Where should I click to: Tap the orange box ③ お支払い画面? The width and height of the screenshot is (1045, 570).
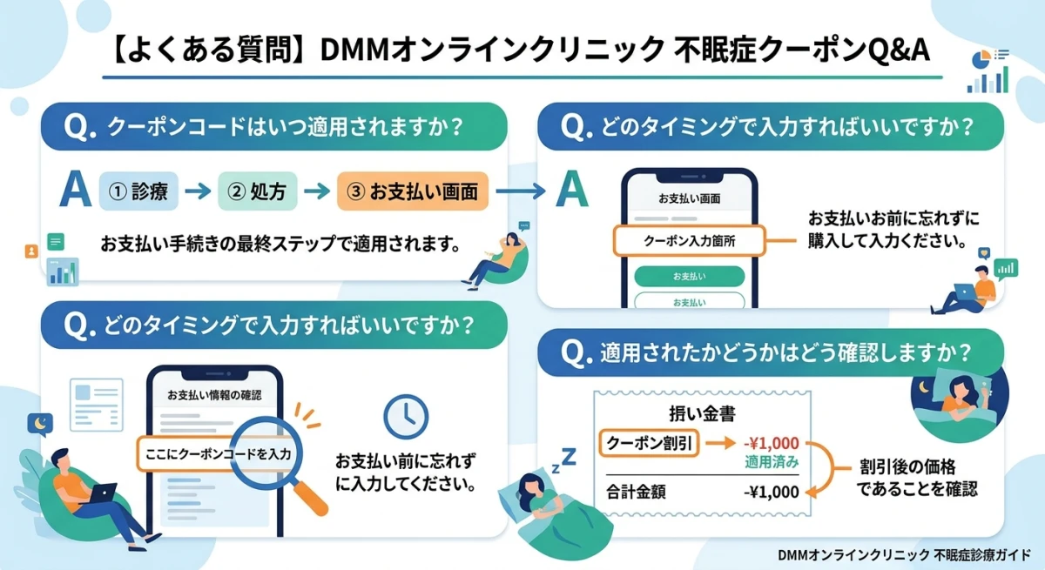(412, 191)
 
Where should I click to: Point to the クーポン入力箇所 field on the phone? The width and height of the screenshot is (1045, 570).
(688, 240)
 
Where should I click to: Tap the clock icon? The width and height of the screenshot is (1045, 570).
(400, 417)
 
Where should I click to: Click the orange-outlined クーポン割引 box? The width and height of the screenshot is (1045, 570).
(649, 444)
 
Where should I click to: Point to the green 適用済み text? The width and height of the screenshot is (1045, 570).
(772, 461)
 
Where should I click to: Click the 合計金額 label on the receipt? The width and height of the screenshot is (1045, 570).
(637, 492)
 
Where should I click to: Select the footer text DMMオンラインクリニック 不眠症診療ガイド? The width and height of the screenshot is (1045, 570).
(902, 553)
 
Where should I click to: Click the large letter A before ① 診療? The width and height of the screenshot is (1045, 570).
(75, 190)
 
